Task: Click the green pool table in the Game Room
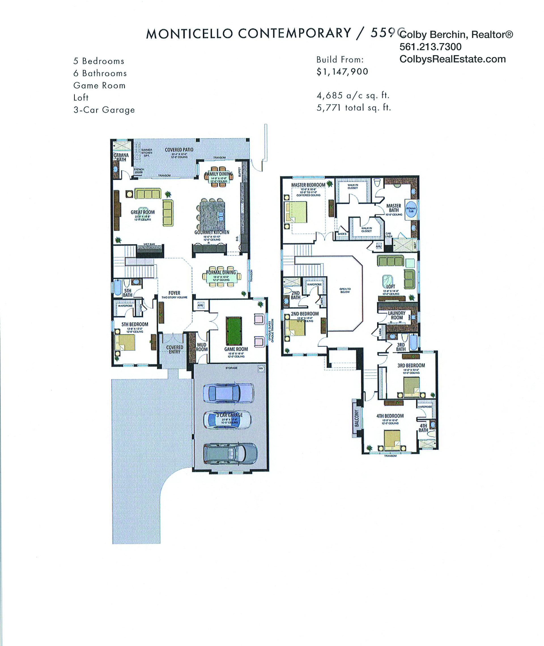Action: [234, 331]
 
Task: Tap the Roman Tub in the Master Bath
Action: [411, 210]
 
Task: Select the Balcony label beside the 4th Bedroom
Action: [357, 418]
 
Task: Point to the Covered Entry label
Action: [175, 349]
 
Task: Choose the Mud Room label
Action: [202, 347]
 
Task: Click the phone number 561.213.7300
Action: [430, 47]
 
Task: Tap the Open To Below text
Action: [345, 290]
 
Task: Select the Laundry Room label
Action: [397, 315]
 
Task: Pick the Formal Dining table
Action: [221, 277]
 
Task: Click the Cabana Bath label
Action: [121, 157]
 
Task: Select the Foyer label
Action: [174, 293]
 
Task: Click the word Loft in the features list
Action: [81, 98]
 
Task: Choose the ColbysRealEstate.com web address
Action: [452, 59]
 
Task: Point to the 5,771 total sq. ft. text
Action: [354, 108]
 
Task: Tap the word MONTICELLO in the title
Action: [189, 34]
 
